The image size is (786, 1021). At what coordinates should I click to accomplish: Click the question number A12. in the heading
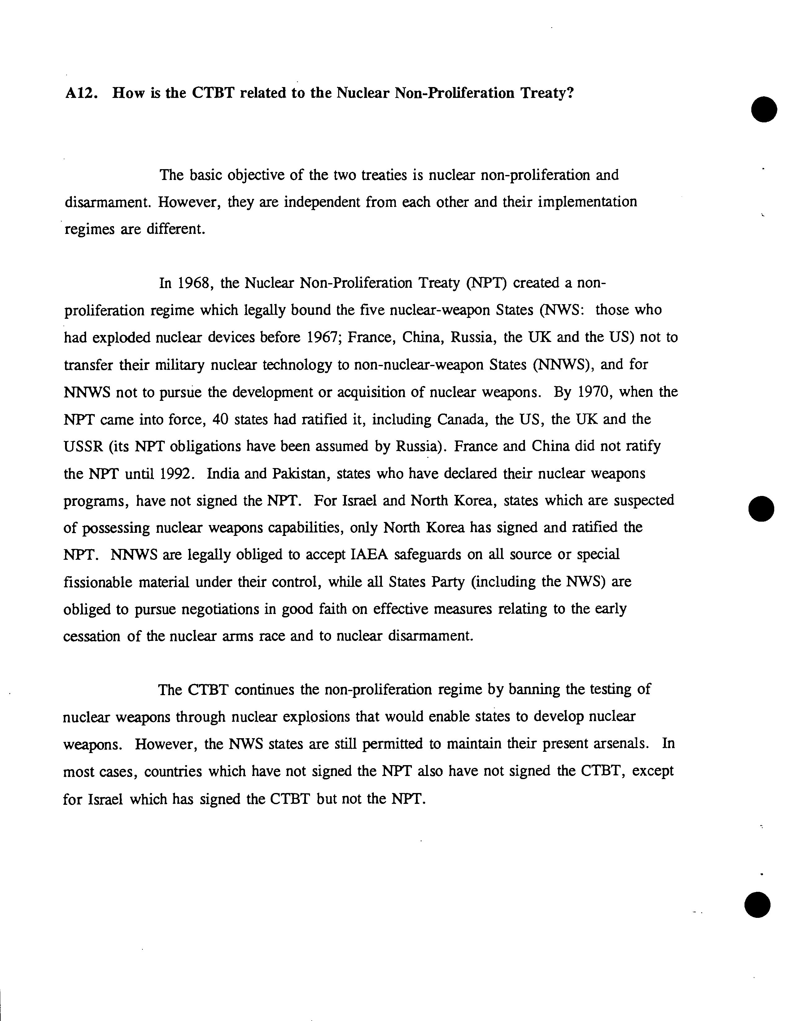pos(81,94)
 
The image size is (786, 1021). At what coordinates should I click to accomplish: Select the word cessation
pos(92,637)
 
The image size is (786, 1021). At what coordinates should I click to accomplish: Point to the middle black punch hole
pos(761,508)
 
